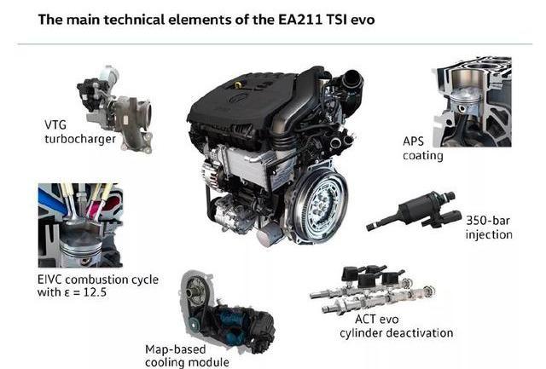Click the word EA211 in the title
pyautogui.click(x=300, y=20)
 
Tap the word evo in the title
pyautogui.click(x=363, y=20)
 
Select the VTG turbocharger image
pyautogui.click(x=115, y=108)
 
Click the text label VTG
pyautogui.click(x=55, y=124)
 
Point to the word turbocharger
pyautogui.click(x=80, y=139)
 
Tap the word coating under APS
pyautogui.click(x=423, y=155)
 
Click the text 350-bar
pyautogui.click(x=487, y=220)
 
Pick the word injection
pyautogui.click(x=489, y=234)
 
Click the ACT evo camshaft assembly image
pyautogui.click(x=372, y=290)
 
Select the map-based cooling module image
pyautogui.click(x=227, y=310)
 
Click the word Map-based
pyautogui.click(x=176, y=349)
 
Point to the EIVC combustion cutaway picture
pyautogui.click(x=80, y=225)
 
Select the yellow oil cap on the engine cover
pyautogui.click(x=238, y=84)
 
